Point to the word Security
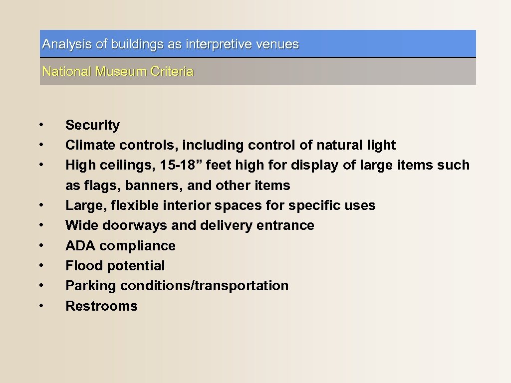tap(92, 125)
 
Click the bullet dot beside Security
tap(44, 124)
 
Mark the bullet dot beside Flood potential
tap(44, 265)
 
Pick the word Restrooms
tap(101, 306)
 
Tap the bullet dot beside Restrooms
tap(44, 305)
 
